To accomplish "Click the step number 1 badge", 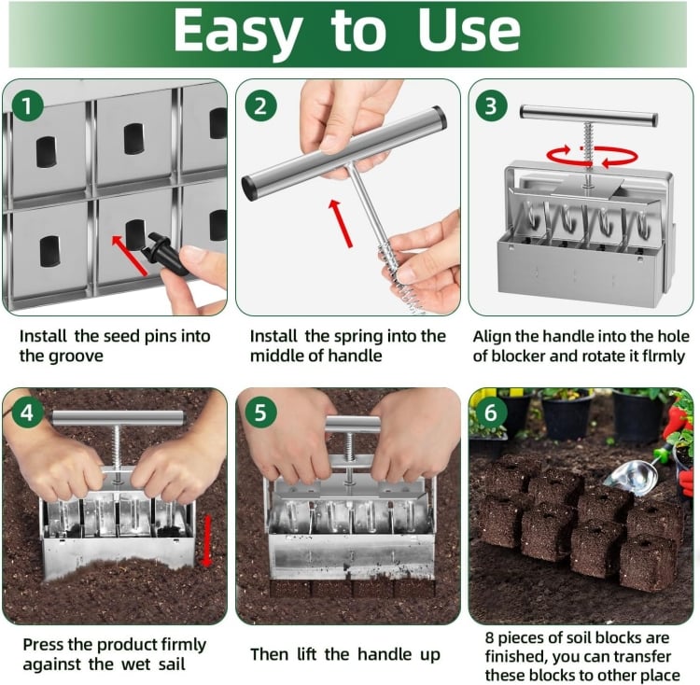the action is pyautogui.click(x=27, y=106).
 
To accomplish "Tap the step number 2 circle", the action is pyautogui.click(x=260, y=106).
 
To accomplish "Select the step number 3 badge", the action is pyautogui.click(x=491, y=106).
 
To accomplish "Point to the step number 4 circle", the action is pyautogui.click(x=27, y=412).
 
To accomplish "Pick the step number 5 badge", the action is pyautogui.click(x=260, y=412).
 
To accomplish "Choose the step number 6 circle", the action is pyautogui.click(x=491, y=412).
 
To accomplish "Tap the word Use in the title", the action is pyautogui.click(x=469, y=31).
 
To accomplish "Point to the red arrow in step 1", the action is pyautogui.click(x=129, y=256).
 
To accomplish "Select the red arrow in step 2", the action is pyautogui.click(x=341, y=223).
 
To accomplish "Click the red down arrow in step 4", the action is pyautogui.click(x=206, y=540).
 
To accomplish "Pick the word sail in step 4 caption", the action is pyautogui.click(x=172, y=664).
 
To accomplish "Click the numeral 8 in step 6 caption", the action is pyautogui.click(x=490, y=637).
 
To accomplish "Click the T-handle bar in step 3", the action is pyautogui.click(x=588, y=115).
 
